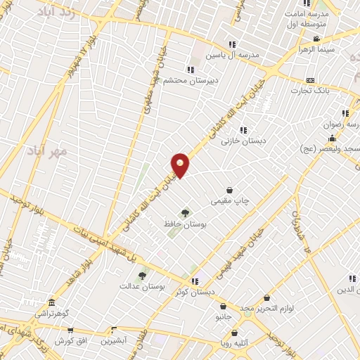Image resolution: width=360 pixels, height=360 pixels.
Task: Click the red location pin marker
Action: (x=180, y=165)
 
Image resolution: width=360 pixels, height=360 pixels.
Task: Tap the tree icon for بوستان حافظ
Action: (x=185, y=212)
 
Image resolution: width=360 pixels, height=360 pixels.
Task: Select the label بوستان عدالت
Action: (x=142, y=286)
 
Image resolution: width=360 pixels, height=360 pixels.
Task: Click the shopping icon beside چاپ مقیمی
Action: (x=230, y=190)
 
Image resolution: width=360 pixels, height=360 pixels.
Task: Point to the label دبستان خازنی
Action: (x=244, y=141)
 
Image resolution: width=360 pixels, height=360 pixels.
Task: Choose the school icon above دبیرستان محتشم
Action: (x=191, y=69)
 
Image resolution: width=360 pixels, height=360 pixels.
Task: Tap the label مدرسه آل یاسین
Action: (x=233, y=54)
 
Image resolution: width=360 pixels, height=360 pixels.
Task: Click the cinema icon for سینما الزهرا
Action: (x=316, y=39)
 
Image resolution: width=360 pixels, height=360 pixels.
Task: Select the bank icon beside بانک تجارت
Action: (x=311, y=80)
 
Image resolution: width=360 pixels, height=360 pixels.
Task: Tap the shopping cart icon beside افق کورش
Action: (x=70, y=330)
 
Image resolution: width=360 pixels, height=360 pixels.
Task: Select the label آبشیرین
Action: (x=114, y=341)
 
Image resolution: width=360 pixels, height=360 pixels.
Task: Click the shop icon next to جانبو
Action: (x=224, y=307)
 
